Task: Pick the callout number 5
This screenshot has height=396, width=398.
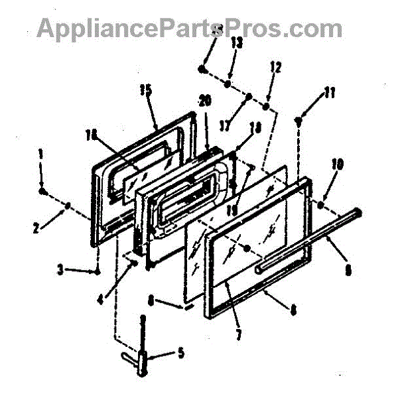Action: coord(180,352)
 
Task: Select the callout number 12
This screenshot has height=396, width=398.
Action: coord(276,67)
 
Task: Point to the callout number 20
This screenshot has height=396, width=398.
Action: coord(205,102)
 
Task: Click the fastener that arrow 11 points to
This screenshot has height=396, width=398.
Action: coord(300,120)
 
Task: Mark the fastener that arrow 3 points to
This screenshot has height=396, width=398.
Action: coord(98,271)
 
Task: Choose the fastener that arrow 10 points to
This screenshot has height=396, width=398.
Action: coord(320,205)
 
